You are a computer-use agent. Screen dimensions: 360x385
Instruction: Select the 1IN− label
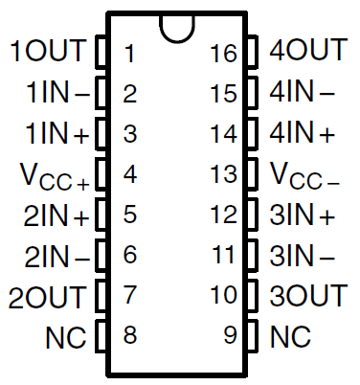click(56, 93)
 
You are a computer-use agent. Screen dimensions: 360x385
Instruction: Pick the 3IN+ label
click(303, 215)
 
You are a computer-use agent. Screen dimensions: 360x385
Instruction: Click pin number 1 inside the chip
click(129, 53)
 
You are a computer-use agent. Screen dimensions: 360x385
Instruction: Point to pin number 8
click(130, 336)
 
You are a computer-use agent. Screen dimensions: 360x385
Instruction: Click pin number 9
click(230, 336)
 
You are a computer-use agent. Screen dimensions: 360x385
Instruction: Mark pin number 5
click(130, 215)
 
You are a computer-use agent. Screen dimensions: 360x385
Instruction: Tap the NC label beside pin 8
click(66, 337)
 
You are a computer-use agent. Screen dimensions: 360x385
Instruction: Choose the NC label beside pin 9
click(291, 337)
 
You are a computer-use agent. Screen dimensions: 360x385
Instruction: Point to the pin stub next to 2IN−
click(101, 256)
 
